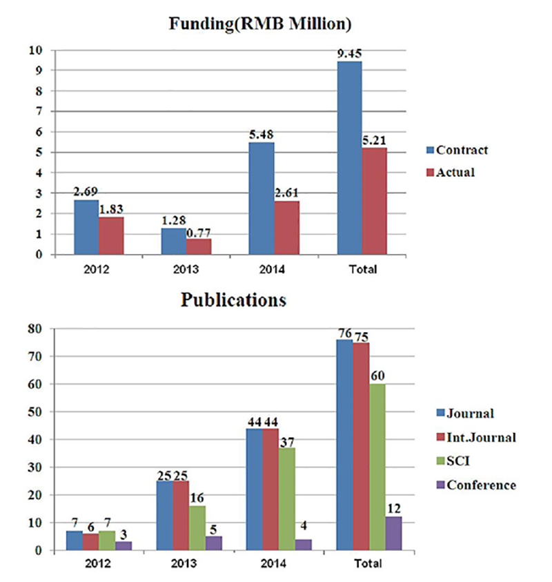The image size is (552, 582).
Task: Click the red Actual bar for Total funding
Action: [374, 201]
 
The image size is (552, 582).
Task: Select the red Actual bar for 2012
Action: [111, 235]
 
